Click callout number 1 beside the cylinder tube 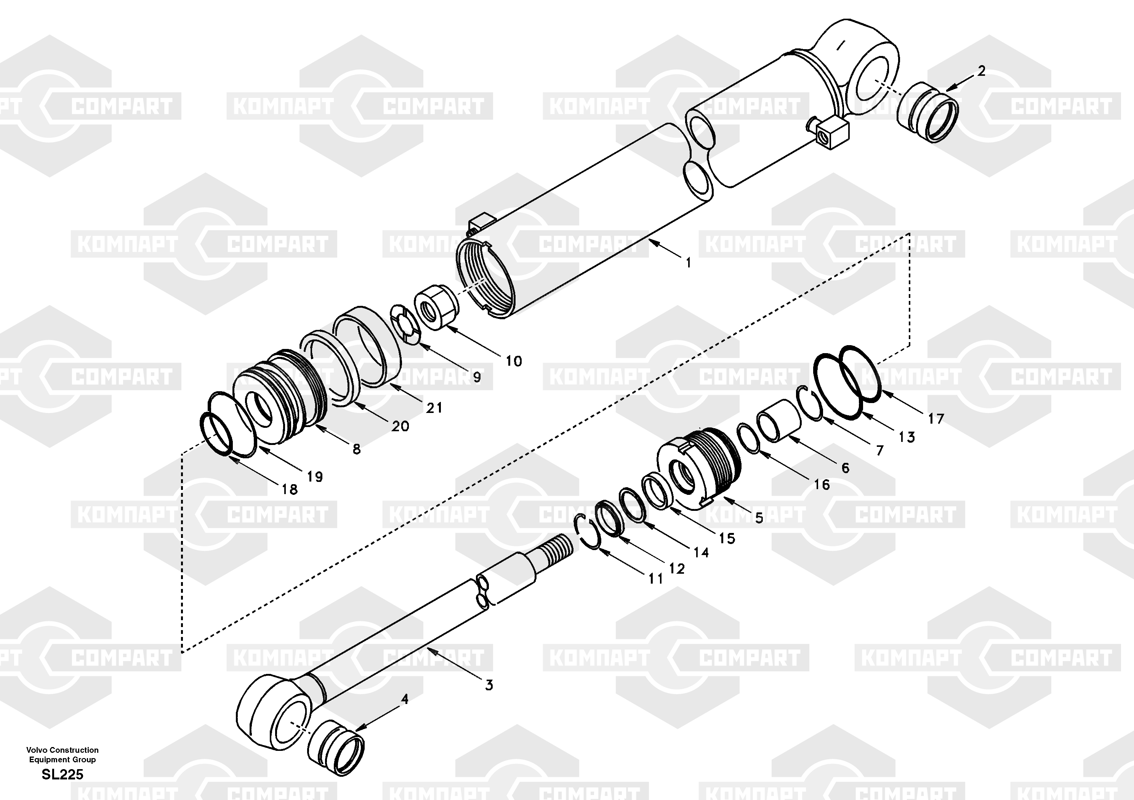click(688, 263)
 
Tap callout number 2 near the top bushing click(981, 71)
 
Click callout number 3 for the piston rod click(489, 685)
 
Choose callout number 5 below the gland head click(759, 518)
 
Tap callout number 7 click(879, 450)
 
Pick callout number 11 click(655, 578)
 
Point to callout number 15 click(727, 538)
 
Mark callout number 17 click(936, 419)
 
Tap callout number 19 click(315, 477)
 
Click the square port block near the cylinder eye click(833, 131)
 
